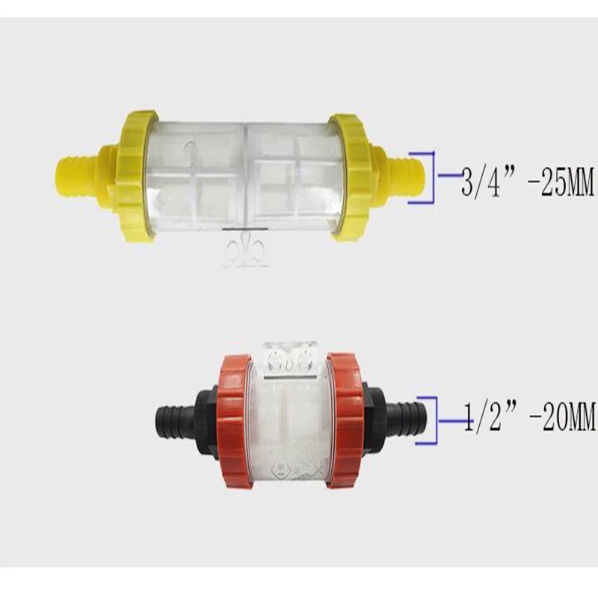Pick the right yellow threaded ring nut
(x=350, y=177)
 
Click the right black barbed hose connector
(x=407, y=418)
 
